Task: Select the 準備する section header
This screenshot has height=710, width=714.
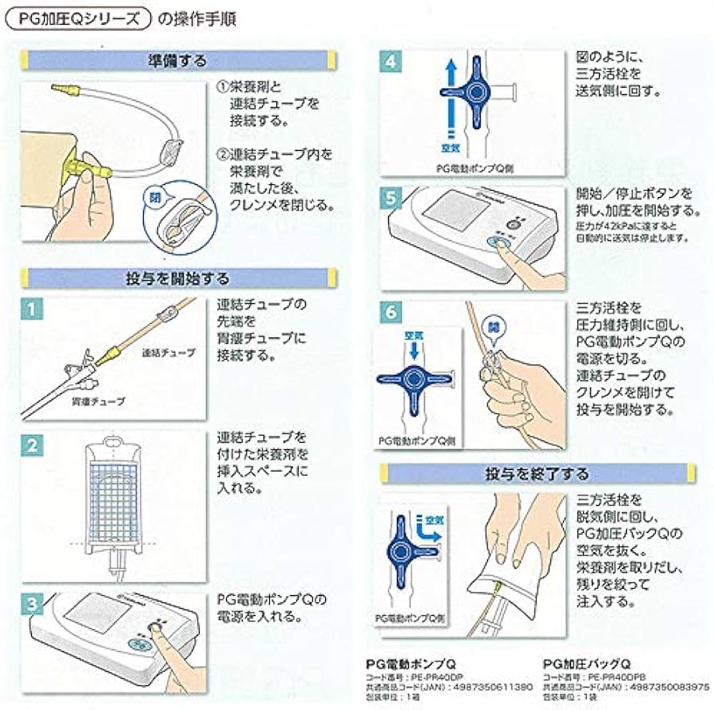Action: tap(177, 61)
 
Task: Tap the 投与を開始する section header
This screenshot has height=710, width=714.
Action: tap(177, 278)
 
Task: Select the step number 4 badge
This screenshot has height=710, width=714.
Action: tap(391, 62)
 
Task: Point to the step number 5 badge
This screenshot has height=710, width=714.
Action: tap(391, 197)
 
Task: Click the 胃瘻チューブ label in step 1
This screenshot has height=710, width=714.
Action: tap(98, 401)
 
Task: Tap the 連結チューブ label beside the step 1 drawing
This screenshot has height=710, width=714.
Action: tap(166, 352)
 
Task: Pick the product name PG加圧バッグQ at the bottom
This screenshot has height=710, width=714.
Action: tap(587, 663)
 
